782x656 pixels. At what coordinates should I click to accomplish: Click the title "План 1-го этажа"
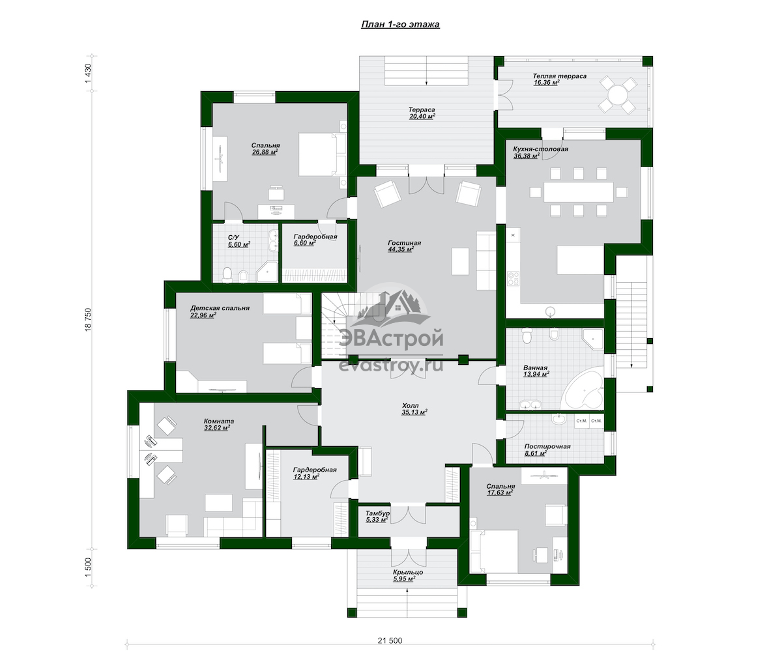click(400, 24)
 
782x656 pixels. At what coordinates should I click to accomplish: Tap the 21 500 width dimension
click(390, 640)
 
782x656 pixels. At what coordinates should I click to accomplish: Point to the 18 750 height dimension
click(88, 319)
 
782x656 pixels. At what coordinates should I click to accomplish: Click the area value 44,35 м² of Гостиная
click(401, 250)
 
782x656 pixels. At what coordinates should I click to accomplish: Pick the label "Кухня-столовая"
click(540, 149)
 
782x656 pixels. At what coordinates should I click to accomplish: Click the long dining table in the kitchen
click(579, 192)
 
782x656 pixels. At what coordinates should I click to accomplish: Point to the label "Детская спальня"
click(220, 308)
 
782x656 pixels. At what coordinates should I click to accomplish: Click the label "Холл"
click(410, 405)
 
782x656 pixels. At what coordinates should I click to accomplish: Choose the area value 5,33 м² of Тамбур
click(375, 520)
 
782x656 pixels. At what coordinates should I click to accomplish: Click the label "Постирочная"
click(547, 446)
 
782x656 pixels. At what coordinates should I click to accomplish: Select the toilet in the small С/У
click(227, 274)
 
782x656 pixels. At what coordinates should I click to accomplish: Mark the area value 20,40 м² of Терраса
click(422, 117)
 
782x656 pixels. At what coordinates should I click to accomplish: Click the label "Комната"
click(219, 421)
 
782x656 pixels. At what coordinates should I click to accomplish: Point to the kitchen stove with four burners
click(513, 279)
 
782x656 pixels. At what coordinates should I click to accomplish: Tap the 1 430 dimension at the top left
click(88, 74)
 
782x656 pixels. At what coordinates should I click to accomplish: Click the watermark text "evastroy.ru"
click(391, 366)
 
